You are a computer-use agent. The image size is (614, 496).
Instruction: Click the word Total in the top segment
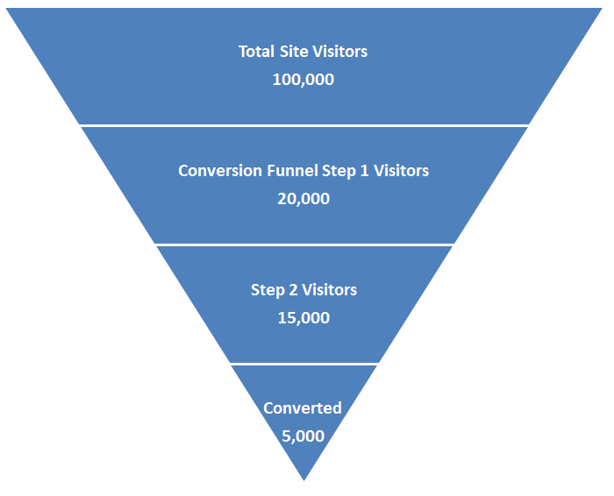256,52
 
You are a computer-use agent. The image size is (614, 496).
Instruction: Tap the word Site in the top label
294,52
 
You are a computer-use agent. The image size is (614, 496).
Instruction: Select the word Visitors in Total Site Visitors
339,52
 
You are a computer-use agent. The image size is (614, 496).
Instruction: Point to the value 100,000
303,80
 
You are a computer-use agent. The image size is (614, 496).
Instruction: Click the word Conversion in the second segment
216,171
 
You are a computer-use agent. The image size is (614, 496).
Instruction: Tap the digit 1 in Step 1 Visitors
364,171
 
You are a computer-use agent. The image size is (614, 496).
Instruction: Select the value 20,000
303,199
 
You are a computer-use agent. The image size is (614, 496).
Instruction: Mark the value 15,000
303,318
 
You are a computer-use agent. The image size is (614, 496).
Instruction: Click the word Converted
303,408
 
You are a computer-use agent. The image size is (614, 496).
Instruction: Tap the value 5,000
303,436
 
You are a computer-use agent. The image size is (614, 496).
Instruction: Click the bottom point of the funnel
303,478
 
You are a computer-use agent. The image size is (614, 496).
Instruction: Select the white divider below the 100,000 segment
303,125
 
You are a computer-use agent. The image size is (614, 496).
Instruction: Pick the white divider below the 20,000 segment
303,244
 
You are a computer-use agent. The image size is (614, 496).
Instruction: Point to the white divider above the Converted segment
303,364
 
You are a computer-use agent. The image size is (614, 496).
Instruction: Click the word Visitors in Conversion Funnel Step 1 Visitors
402,171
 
